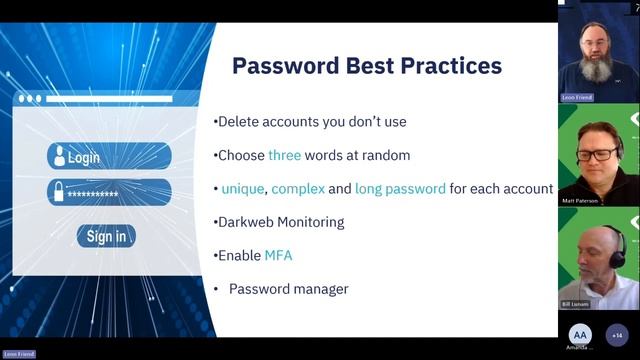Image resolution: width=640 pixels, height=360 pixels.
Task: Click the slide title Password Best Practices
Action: [x=367, y=67]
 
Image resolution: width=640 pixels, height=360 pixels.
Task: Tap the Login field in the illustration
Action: [x=109, y=157]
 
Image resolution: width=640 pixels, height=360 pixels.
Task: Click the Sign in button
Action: [x=106, y=236]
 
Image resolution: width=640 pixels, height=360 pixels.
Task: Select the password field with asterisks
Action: [x=109, y=193]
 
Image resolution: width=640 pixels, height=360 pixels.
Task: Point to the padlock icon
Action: [x=58, y=192]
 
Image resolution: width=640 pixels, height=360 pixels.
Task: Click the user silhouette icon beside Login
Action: [x=59, y=156]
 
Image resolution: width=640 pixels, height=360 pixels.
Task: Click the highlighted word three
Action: [x=284, y=155]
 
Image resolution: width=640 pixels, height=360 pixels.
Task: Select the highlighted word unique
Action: [x=243, y=188]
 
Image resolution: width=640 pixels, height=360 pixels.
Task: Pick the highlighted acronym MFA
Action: [x=278, y=255]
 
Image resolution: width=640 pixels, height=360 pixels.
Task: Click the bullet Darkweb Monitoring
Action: [x=280, y=222]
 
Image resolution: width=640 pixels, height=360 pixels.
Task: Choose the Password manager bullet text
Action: [x=288, y=289]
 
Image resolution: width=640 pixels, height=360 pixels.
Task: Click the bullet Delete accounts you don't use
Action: [x=311, y=122]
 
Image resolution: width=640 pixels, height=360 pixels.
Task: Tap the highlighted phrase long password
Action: [x=404, y=188]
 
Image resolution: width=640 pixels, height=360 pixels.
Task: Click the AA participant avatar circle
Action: [x=580, y=335]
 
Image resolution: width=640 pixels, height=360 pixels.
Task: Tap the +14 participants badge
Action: [x=618, y=335]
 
